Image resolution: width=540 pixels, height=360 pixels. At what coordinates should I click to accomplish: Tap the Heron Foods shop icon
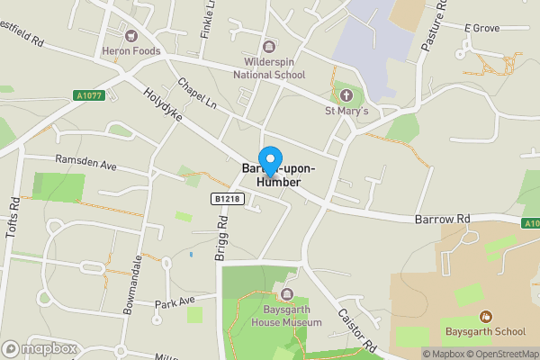click(131, 36)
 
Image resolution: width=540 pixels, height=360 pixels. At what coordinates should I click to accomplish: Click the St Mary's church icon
click(346, 96)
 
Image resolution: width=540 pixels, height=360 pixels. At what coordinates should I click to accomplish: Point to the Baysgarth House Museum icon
click(287, 294)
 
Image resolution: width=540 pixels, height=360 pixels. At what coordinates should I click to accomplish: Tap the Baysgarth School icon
click(486, 317)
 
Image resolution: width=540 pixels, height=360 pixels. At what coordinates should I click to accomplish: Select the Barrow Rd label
click(443, 220)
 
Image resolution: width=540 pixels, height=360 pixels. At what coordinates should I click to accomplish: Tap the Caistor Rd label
click(356, 330)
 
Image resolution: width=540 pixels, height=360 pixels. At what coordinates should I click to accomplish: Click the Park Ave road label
click(175, 301)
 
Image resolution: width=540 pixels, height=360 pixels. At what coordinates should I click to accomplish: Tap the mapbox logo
click(40, 348)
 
